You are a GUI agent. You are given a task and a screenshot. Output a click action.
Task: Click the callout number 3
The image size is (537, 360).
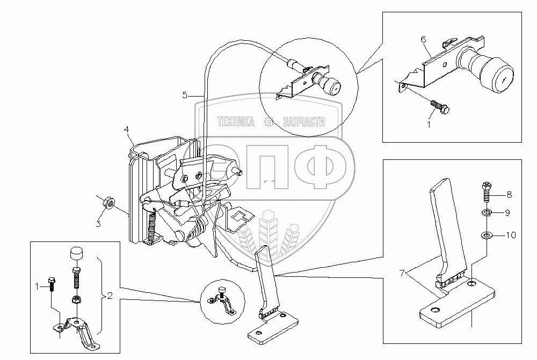[x=98, y=224]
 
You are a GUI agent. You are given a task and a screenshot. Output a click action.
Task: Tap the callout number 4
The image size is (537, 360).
[x=126, y=129]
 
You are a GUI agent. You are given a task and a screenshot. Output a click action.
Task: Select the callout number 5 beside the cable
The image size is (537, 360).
[x=185, y=95]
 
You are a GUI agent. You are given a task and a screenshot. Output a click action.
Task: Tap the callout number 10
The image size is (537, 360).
[x=511, y=234]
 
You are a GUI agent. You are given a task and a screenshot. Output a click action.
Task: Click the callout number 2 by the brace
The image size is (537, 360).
[x=109, y=296]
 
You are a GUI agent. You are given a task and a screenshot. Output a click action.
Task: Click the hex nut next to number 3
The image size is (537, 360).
[x=107, y=203]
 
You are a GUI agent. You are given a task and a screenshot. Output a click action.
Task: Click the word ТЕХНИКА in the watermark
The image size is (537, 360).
[x=236, y=122]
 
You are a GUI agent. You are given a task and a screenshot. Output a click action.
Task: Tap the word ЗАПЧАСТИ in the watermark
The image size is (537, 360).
[x=304, y=122]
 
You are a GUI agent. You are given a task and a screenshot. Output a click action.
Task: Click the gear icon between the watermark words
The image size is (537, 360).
[x=268, y=122]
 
